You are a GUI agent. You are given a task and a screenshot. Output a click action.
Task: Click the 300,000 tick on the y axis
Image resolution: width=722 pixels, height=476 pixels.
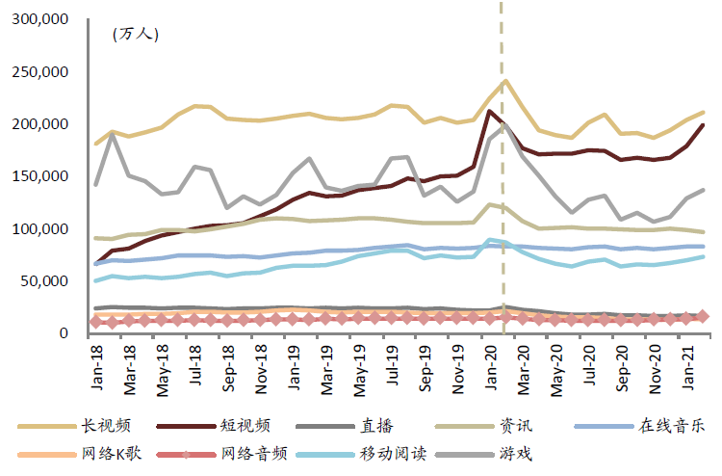tap(40, 19)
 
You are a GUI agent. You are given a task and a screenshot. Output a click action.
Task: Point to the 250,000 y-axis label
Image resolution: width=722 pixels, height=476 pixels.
tap(40, 72)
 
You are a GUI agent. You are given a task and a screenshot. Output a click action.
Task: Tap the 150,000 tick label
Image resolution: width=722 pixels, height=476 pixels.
tap(40, 176)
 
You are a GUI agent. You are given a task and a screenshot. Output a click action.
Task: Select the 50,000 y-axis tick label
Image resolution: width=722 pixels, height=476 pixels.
tap(44, 281)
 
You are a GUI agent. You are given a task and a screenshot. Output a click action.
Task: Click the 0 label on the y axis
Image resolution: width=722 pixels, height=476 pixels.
tap(63, 333)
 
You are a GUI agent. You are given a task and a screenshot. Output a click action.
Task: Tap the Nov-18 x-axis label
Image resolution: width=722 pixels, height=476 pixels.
tap(261, 367)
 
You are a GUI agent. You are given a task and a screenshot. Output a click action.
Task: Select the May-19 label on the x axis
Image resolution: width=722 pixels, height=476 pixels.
tap(359, 367)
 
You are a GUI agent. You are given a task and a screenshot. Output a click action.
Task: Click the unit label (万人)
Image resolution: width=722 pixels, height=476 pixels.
tap(136, 34)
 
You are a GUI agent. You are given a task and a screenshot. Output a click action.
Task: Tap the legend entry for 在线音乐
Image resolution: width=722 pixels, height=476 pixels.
tap(672, 425)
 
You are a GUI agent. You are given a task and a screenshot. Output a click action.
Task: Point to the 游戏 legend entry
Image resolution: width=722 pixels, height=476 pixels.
tap(515, 452)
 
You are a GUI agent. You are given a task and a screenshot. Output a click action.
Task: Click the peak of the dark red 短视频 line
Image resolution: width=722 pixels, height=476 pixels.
tap(490, 111)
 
